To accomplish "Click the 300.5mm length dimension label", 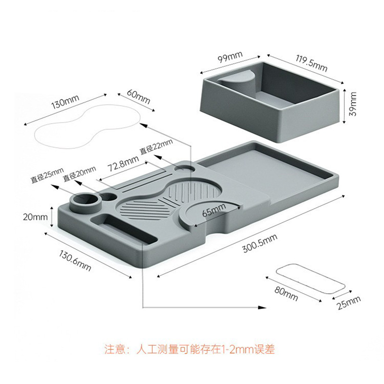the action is coord(260,243).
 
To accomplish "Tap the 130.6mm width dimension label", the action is coord(75,260).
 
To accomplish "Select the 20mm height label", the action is coord(35,217).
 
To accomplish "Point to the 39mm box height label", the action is coord(352,104).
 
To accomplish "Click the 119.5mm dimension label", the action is coord(311,63).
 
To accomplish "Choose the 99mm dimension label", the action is coord(230,57).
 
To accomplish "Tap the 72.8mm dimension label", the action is coord(123,163).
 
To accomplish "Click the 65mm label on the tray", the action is coord(214,210).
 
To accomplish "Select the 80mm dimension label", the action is coord(286,293).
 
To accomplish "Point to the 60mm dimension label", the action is coord(138,96).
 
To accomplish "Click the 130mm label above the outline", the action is coord(65,102).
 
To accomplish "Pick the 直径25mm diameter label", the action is coord(47,175).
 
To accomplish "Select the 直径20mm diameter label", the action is coord(80,174).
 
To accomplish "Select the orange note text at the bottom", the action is coord(190,349).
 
